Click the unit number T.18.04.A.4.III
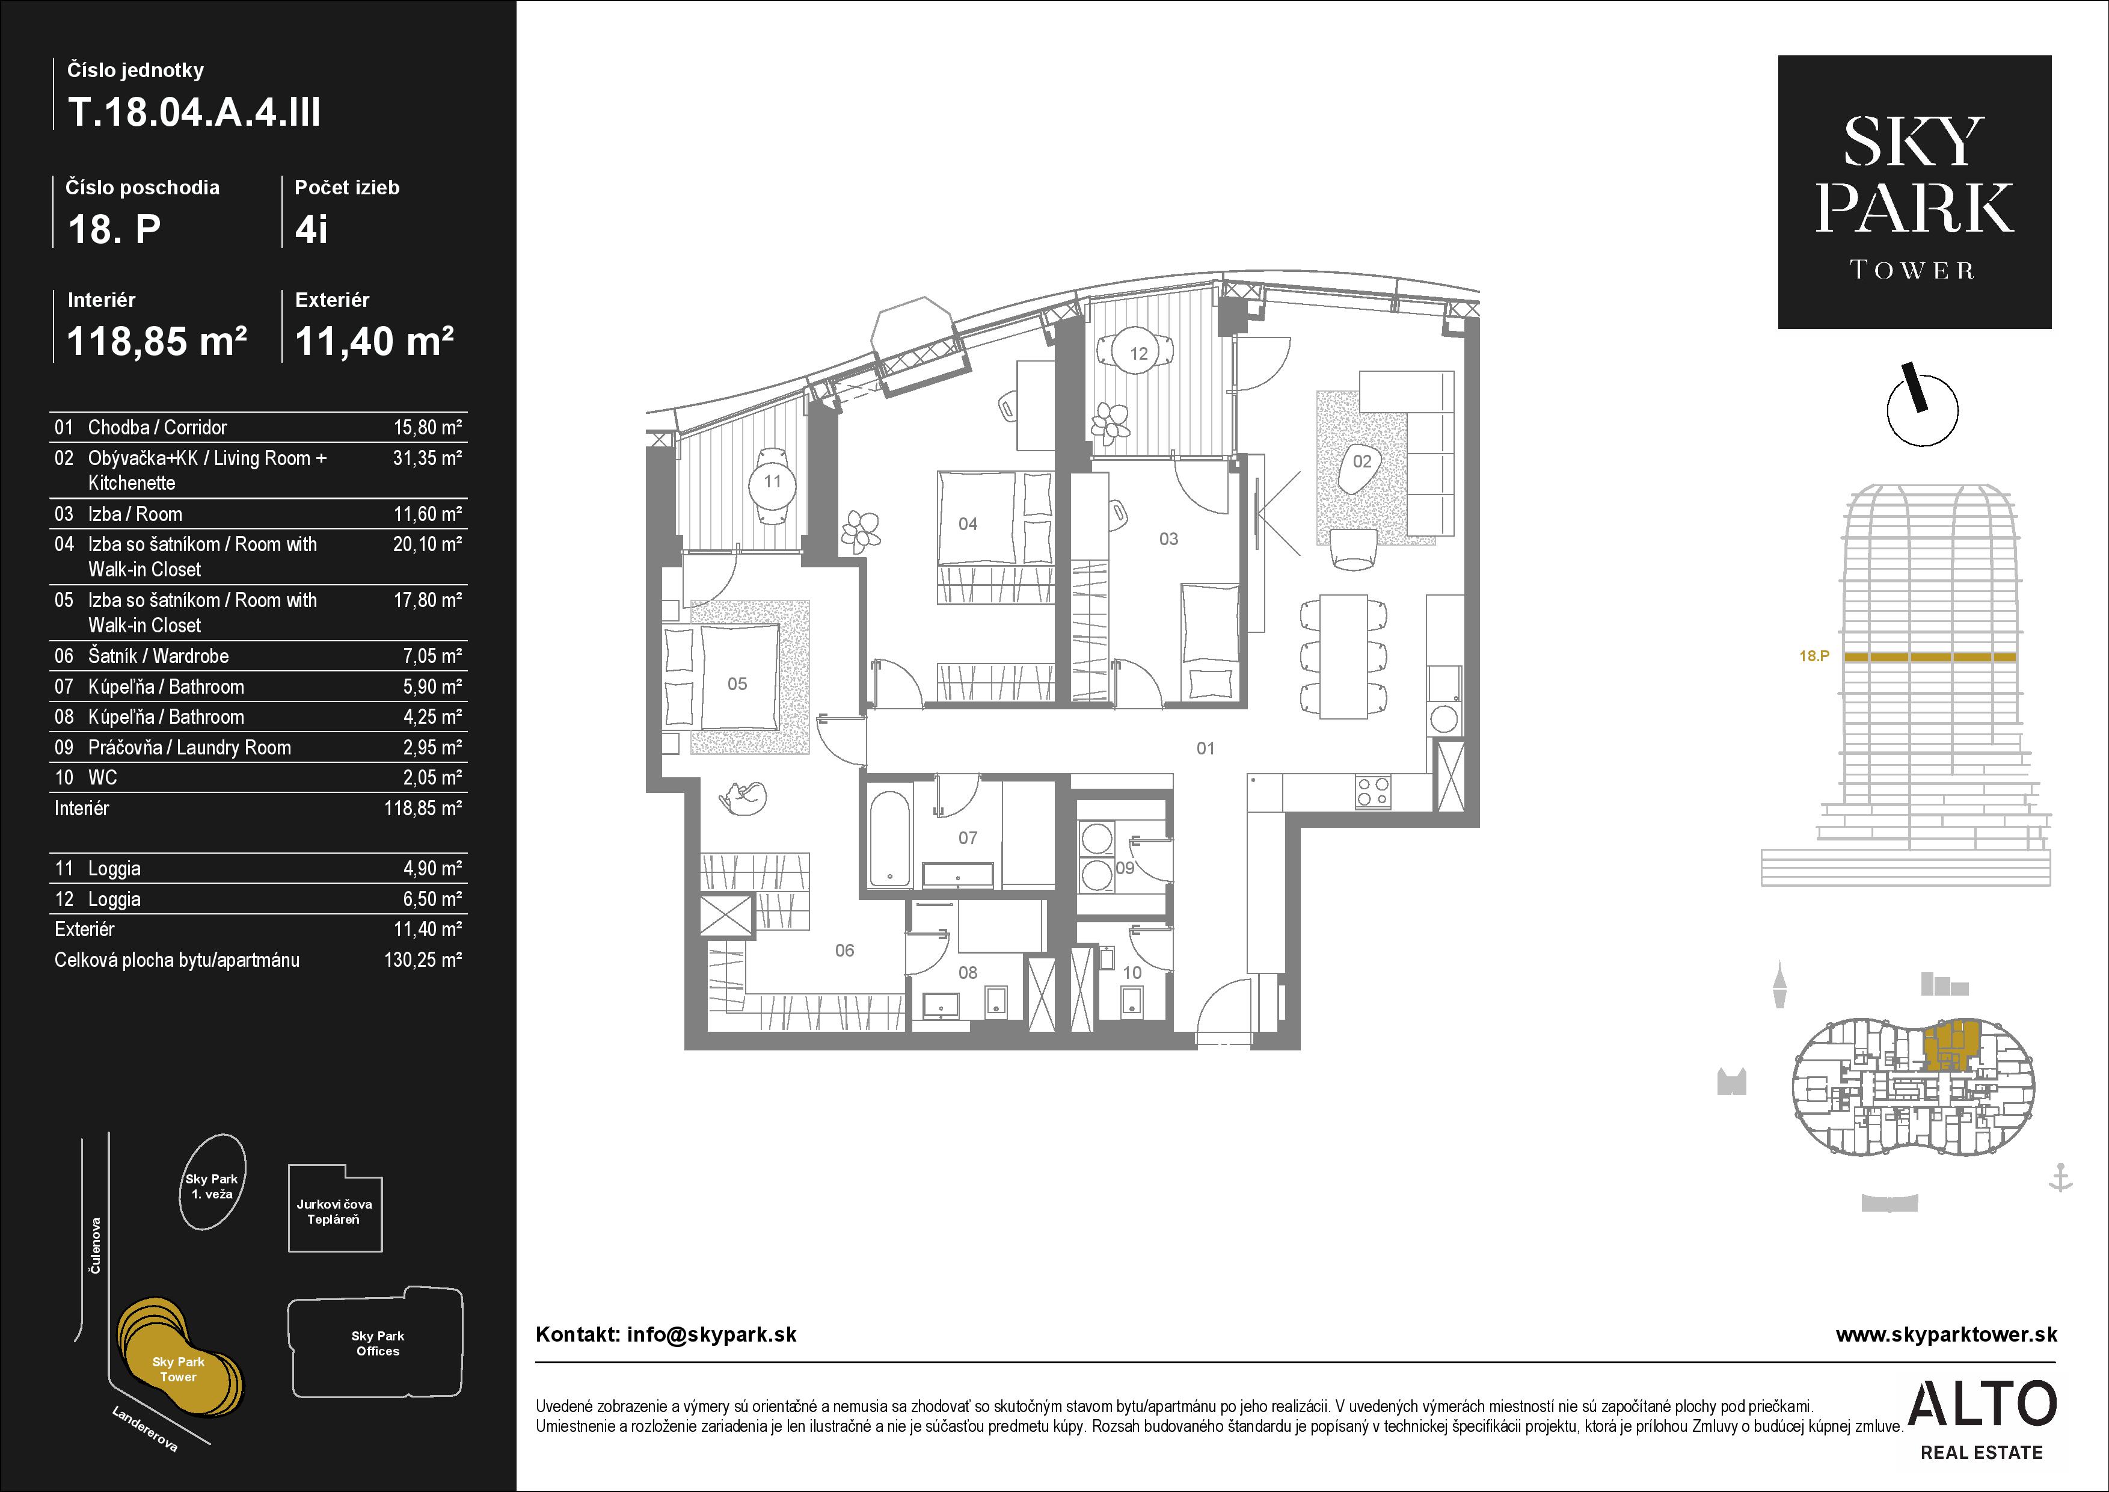click(x=194, y=113)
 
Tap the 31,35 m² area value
click(x=427, y=457)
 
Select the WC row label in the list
click(x=102, y=777)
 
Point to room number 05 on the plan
click(x=737, y=683)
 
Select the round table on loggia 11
click(x=772, y=481)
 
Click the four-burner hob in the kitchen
click(x=1374, y=792)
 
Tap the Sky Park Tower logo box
click(x=1914, y=192)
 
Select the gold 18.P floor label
click(x=1814, y=656)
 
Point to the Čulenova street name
click(x=94, y=1246)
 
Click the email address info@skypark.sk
click(x=712, y=1335)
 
